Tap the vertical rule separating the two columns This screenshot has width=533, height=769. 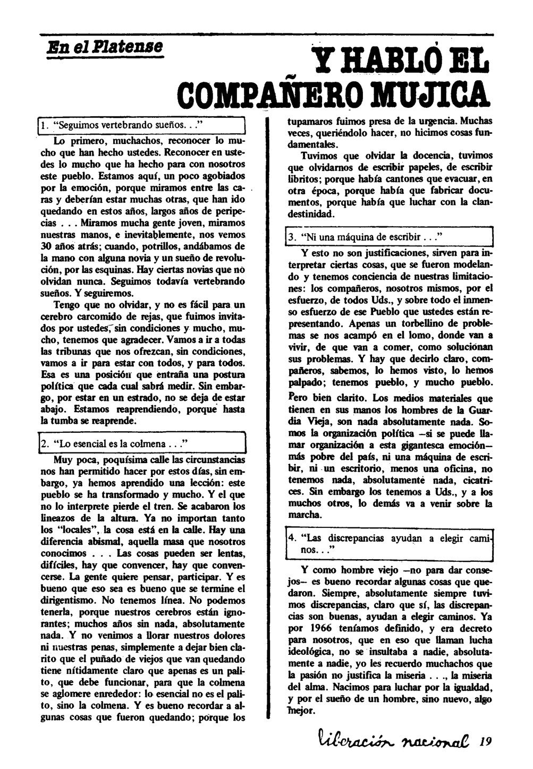pyautogui.click(x=266, y=372)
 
